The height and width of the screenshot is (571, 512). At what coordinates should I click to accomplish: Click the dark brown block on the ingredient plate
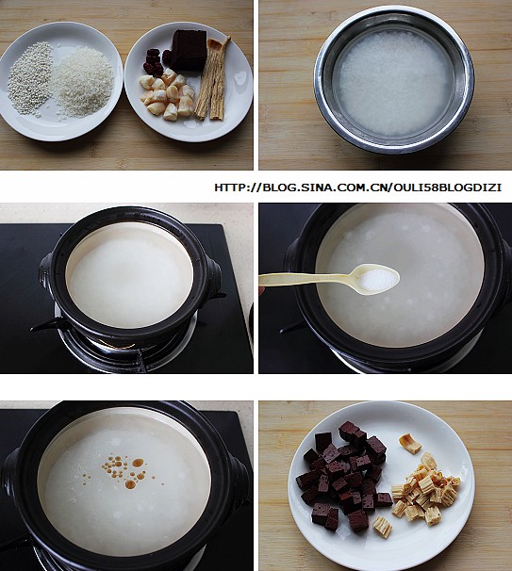pos(190,50)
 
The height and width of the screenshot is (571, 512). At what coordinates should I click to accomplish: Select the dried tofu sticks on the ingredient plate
pos(212,77)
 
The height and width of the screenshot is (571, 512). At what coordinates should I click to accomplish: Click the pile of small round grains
pos(30,77)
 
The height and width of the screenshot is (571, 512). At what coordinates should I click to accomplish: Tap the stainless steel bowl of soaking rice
pos(394,80)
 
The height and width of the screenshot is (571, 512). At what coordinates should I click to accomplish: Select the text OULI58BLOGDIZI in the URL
pos(448,188)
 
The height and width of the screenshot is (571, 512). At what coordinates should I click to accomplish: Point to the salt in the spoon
pos(379,280)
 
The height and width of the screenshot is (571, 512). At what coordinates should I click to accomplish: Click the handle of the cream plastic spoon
pos(306,279)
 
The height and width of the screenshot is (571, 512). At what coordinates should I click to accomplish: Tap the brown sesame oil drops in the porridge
pos(122,469)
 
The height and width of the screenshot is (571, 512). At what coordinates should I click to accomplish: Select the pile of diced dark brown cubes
pos(342,477)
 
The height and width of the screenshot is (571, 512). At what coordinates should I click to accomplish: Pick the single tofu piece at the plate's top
pos(409,443)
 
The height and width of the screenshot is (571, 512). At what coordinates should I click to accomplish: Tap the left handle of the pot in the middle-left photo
pos(45,274)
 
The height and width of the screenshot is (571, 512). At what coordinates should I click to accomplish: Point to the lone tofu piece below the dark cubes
pos(383,527)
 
